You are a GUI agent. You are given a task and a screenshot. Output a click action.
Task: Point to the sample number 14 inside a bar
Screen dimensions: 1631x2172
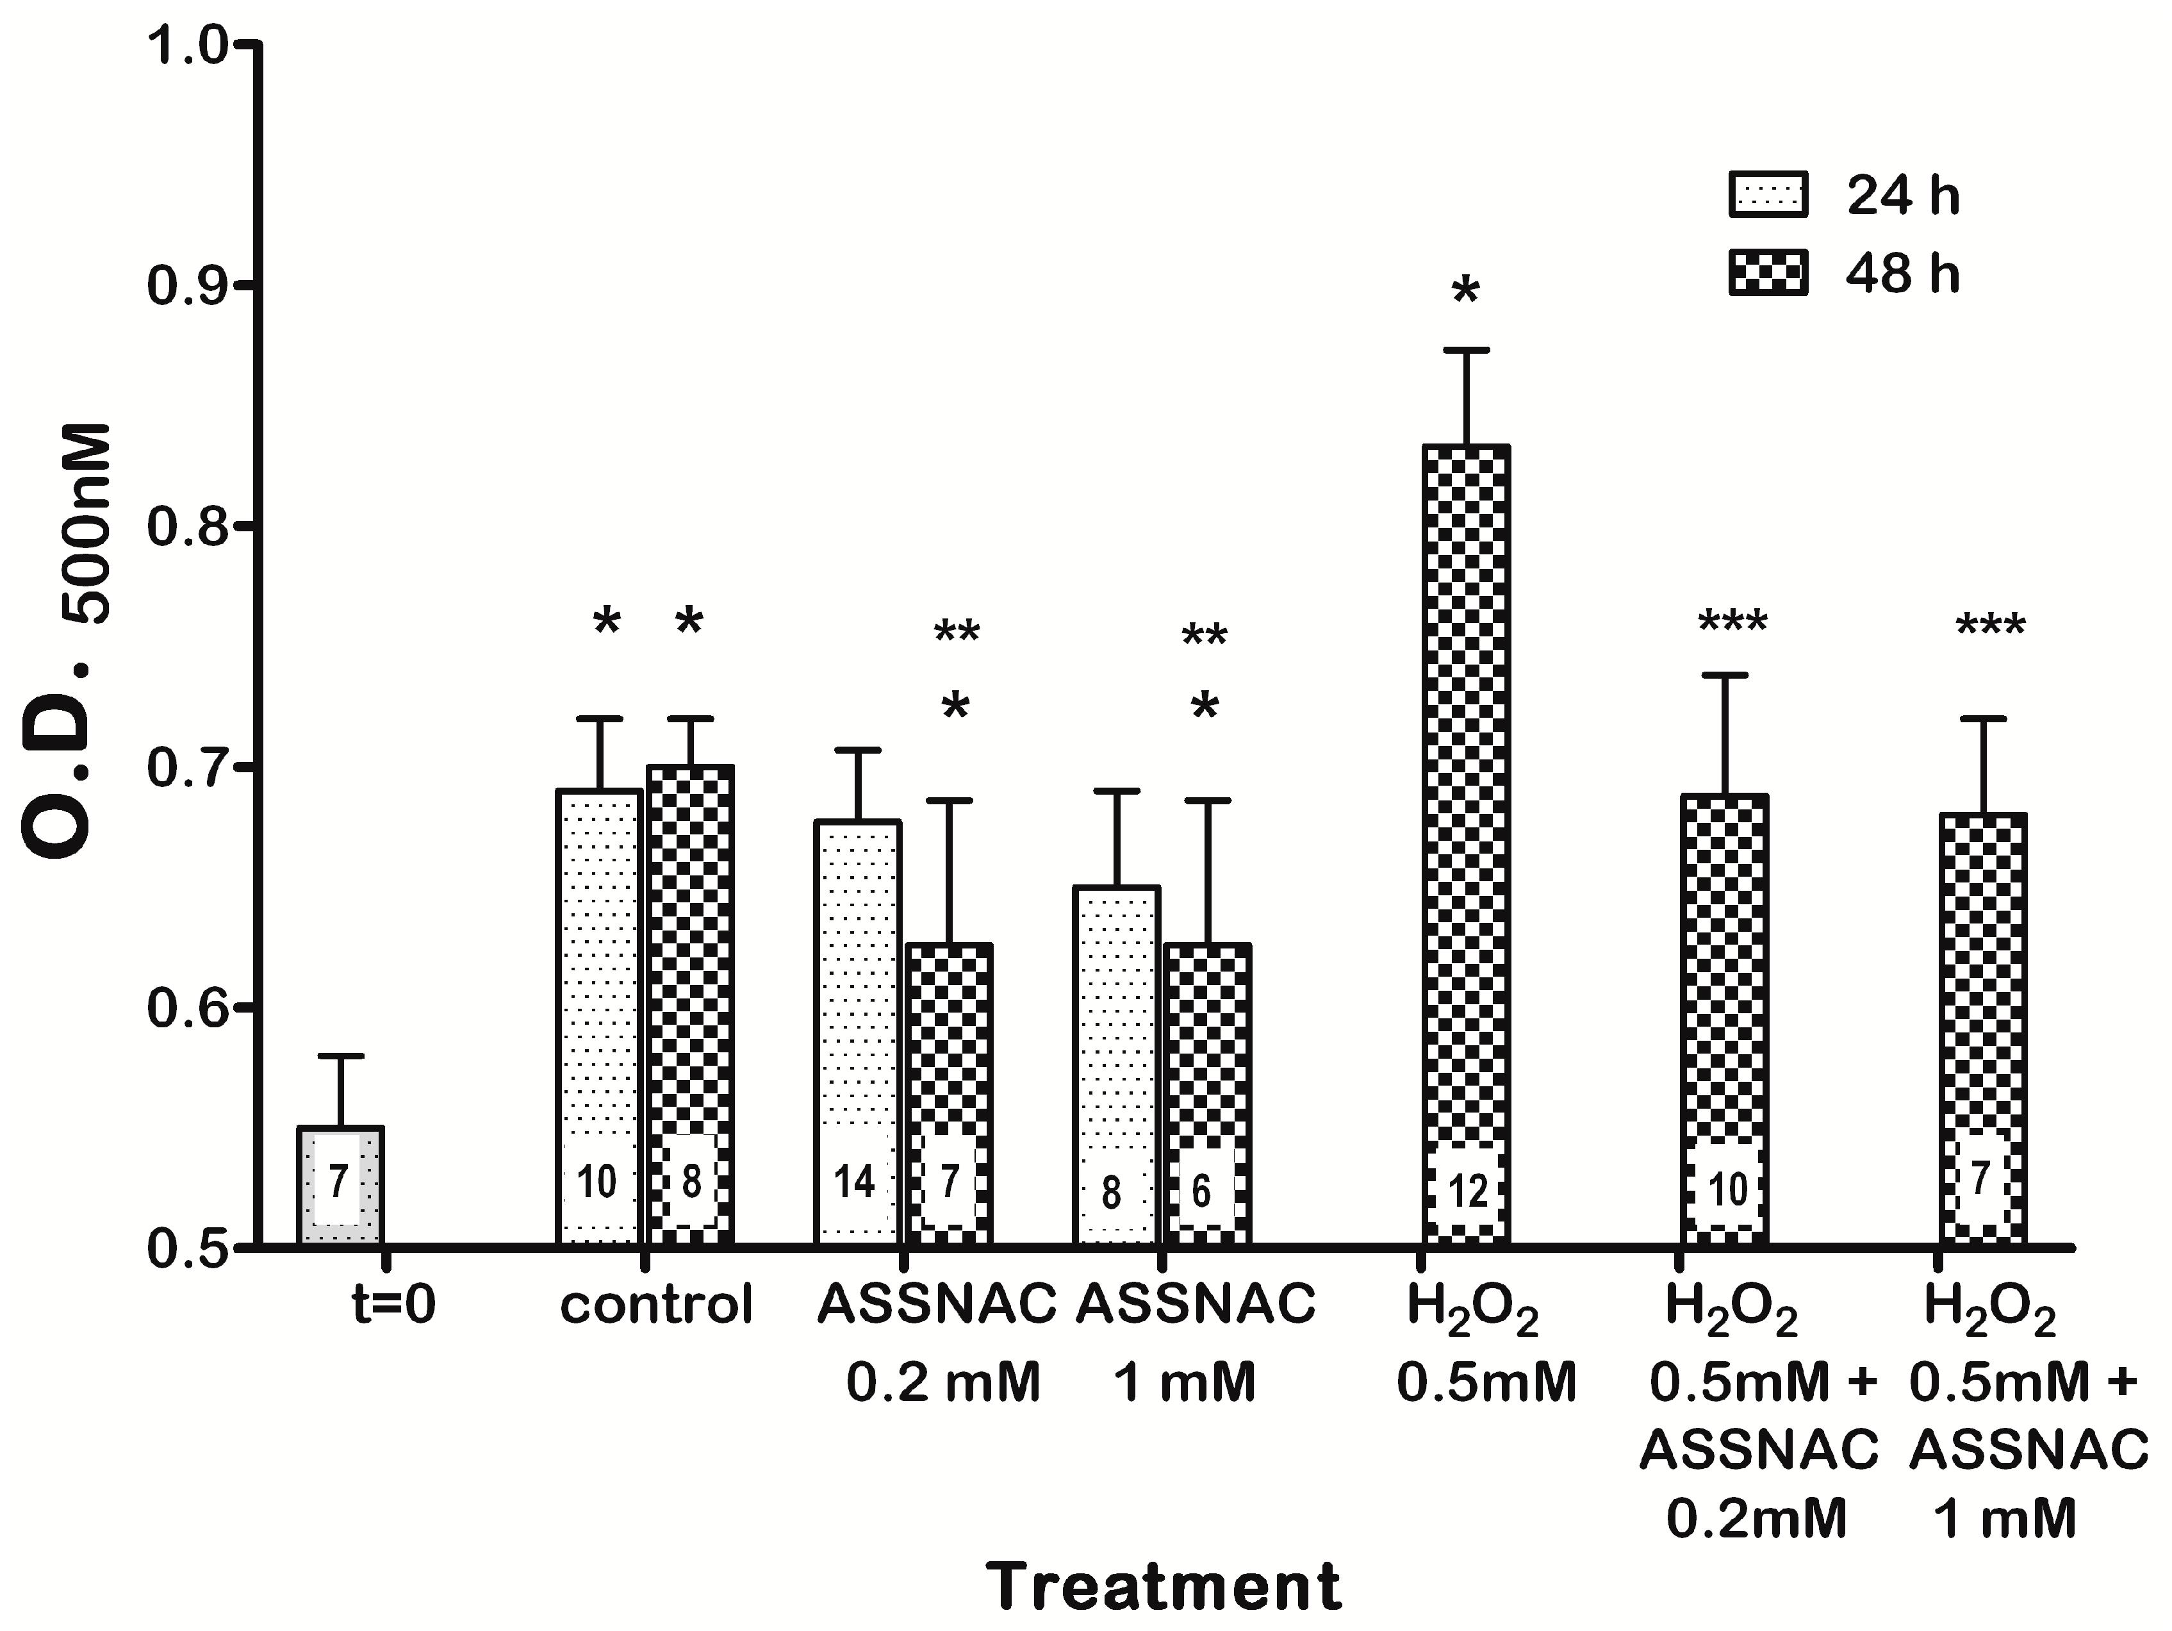(853, 1181)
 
